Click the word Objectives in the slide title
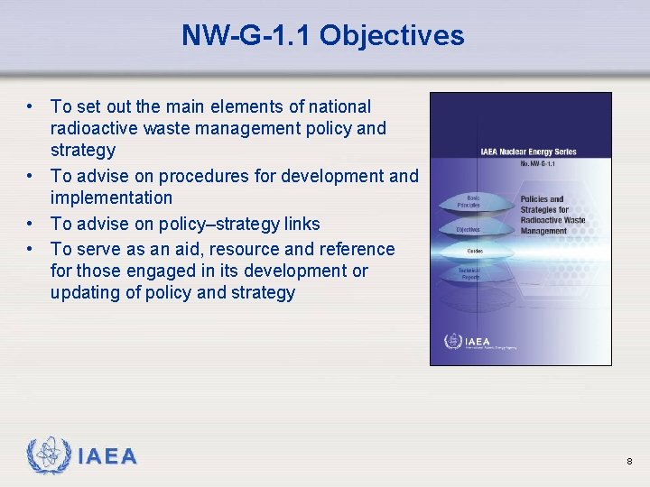[x=391, y=35]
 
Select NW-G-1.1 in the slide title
[x=246, y=35]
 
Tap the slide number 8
[x=629, y=462]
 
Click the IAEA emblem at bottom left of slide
[x=48, y=456]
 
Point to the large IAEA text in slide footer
[x=107, y=457]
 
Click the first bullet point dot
[x=31, y=106]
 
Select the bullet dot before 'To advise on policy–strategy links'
[x=31, y=224]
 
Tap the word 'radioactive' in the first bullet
[x=93, y=128]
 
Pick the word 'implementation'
[x=111, y=198]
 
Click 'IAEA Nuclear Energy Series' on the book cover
[x=528, y=152]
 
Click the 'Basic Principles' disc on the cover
[x=472, y=201]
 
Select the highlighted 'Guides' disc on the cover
[x=472, y=251]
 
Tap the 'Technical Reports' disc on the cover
[x=472, y=274]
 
